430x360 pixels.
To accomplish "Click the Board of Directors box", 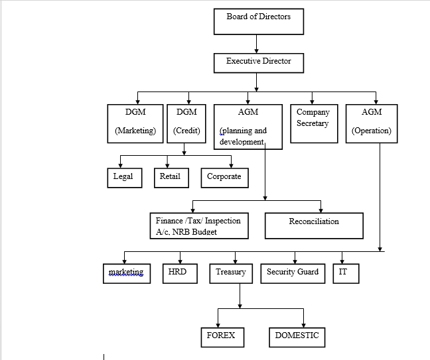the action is coord(259,21).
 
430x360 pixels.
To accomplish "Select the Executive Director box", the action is coord(259,63).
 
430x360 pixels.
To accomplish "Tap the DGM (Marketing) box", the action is coord(135,123).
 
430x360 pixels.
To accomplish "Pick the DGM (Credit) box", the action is coord(186,123).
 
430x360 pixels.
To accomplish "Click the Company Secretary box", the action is coord(314,123).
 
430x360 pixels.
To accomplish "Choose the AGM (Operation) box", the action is coord(372,123).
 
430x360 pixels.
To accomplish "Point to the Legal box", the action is coord(125,178).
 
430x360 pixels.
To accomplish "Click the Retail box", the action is coord(171,178).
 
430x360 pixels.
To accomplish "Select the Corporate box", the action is coord(224,178).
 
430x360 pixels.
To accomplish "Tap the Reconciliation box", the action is coord(314,226).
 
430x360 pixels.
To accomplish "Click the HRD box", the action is coord(180,273).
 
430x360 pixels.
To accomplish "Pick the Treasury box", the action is coord(231,273).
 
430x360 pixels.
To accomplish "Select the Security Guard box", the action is coord(293,273).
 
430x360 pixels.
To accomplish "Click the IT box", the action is coord(346,273).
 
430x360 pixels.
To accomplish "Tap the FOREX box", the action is coord(222,337).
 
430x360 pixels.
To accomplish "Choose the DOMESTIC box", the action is coord(297,337).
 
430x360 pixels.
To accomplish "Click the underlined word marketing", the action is coord(126,272).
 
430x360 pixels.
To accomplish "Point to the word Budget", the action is coord(204,232).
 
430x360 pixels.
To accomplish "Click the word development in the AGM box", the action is coord(242,142).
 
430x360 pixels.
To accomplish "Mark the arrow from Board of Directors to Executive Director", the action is coord(256,44).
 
